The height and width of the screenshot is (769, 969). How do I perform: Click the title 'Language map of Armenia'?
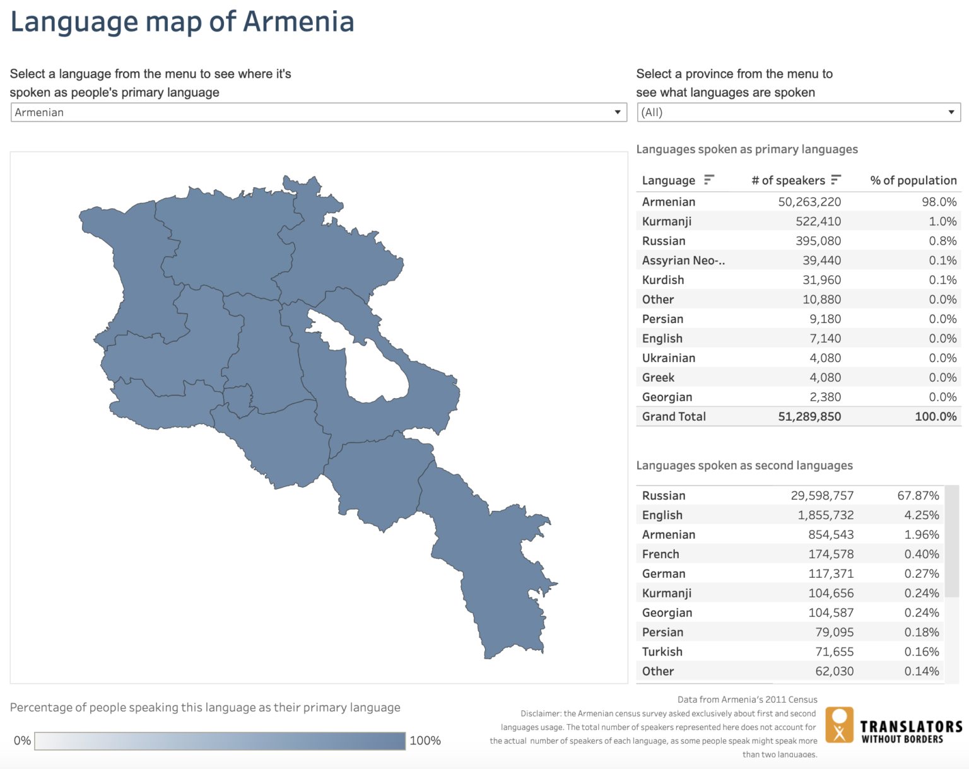click(x=182, y=22)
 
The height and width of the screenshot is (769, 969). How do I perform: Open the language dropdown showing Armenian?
click(x=318, y=112)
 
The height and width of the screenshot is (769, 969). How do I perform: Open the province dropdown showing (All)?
click(x=797, y=112)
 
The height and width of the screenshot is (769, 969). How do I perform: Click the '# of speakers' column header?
click(x=788, y=180)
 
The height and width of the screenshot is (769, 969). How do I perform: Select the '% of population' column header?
click(x=913, y=180)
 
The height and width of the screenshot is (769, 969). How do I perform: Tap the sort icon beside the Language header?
click(x=709, y=180)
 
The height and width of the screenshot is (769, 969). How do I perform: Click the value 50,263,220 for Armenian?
click(x=809, y=202)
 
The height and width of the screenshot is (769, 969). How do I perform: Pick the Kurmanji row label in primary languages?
click(x=667, y=221)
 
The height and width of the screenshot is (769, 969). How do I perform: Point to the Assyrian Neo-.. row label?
click(x=683, y=261)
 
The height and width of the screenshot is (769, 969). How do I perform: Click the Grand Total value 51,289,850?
click(x=809, y=416)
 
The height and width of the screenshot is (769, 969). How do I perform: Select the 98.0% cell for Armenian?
click(x=939, y=202)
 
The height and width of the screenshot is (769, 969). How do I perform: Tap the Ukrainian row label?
click(x=669, y=358)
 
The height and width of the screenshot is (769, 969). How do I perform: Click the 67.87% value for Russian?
click(x=918, y=496)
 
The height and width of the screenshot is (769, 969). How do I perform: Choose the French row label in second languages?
click(x=661, y=555)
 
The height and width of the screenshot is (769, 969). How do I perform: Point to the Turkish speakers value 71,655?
click(x=834, y=652)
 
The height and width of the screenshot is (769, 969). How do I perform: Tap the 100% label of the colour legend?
click(x=425, y=741)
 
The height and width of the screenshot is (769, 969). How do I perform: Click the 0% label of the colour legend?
click(x=22, y=741)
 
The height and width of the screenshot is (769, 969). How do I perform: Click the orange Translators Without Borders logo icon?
click(x=839, y=725)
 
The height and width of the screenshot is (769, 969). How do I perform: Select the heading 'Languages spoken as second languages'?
click(x=744, y=466)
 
